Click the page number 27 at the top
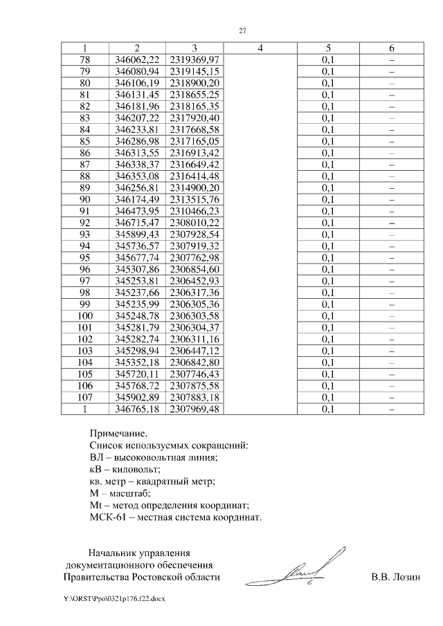(243, 30)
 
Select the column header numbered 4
(260, 48)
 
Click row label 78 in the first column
(85, 60)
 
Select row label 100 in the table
(85, 315)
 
